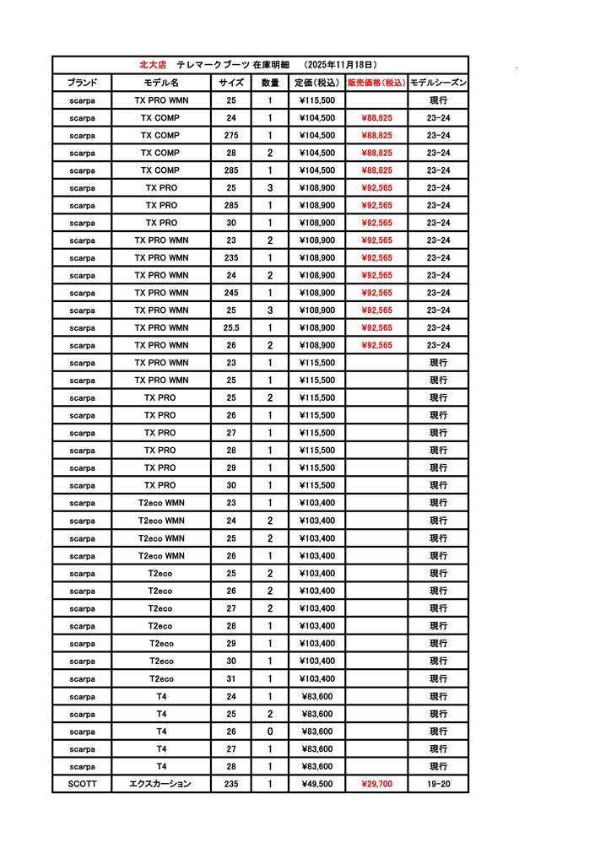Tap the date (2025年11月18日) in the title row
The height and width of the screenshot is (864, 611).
tap(339, 64)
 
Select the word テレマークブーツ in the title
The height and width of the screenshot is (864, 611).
tap(213, 64)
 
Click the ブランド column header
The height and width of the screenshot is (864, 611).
tap(82, 83)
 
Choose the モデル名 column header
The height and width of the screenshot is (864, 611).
tap(161, 83)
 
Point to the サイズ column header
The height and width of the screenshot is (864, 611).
tap(231, 83)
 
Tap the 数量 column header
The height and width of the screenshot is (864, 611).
tap(270, 83)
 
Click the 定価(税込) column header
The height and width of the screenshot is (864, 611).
tap(317, 83)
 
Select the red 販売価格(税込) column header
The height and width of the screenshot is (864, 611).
tap(376, 83)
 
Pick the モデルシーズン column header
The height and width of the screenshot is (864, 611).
tap(438, 83)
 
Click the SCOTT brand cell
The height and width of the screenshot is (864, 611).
tap(82, 784)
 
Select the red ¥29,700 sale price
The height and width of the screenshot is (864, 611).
tap(376, 784)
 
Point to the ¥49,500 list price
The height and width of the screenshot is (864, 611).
tap(317, 784)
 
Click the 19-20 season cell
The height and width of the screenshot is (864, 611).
tap(438, 784)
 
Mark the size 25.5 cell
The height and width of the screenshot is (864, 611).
tap(231, 327)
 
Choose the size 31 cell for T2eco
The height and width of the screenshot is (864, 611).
tap(231, 678)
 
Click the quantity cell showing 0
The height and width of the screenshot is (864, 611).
tap(270, 732)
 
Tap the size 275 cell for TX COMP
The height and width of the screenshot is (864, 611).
tap(231, 135)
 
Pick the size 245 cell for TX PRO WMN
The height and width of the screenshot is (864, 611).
tap(231, 293)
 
